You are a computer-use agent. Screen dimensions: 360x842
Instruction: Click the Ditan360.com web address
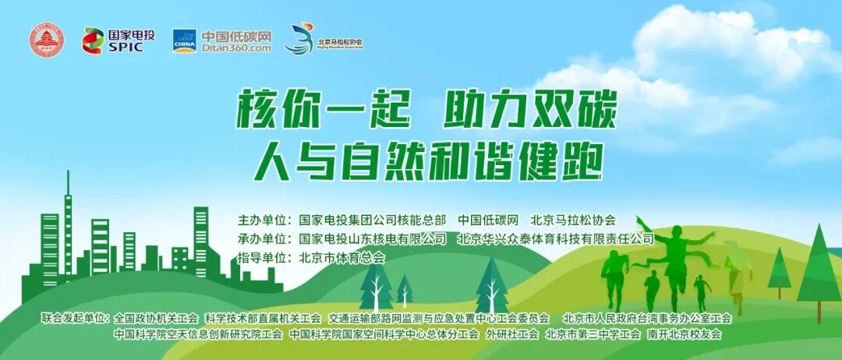[236, 48]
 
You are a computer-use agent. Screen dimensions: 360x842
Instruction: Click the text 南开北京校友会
[685, 334]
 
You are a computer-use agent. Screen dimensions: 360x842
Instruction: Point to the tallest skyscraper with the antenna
[68, 226]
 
